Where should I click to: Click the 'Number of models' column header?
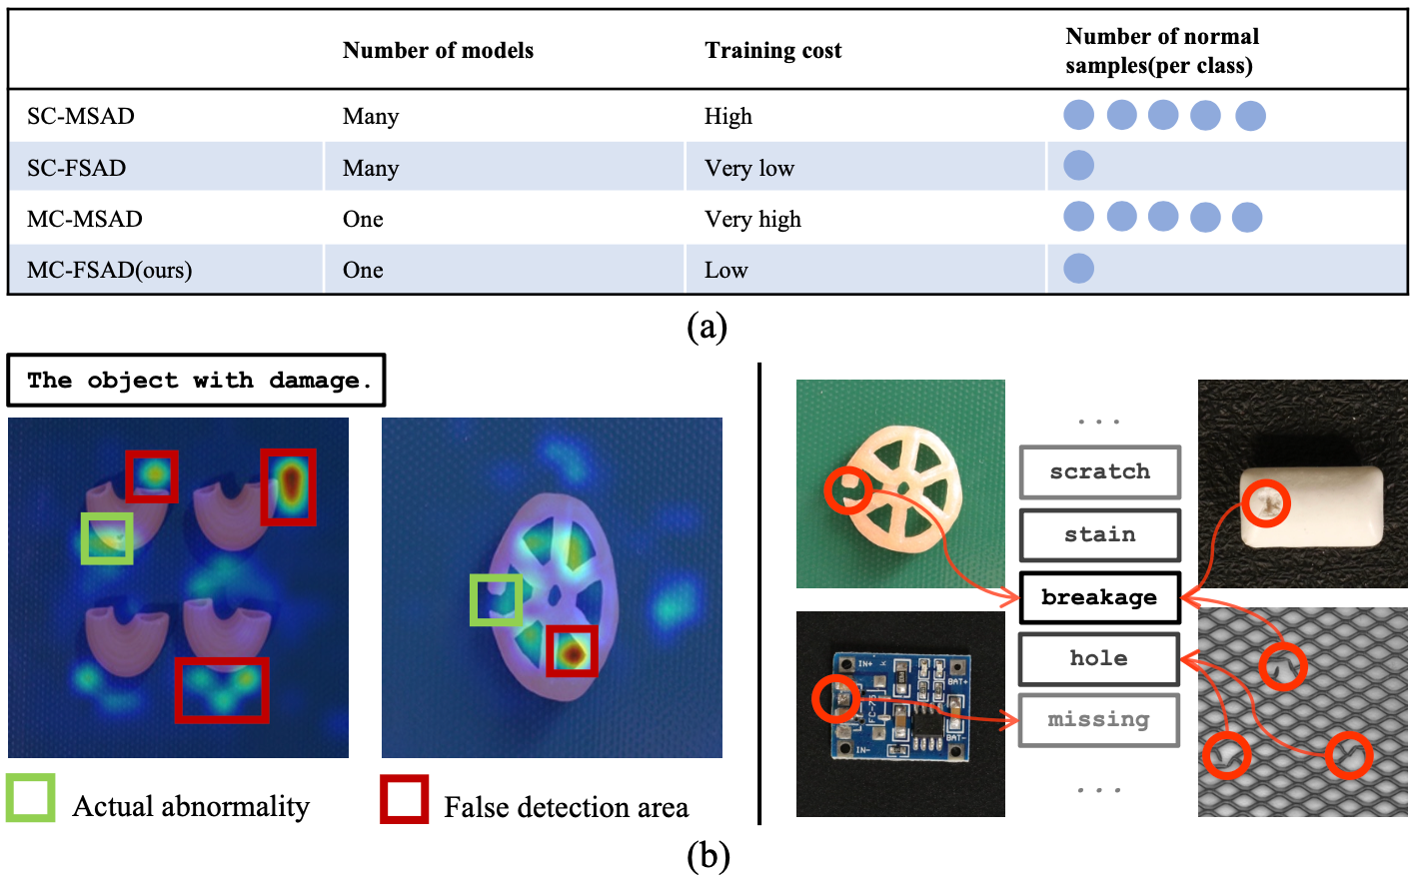click(438, 51)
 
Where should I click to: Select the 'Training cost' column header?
click(772, 51)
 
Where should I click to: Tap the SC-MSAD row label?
click(81, 116)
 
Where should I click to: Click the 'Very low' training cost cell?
click(748, 168)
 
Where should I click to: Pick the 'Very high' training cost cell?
click(752, 219)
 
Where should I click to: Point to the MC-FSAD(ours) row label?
click(109, 270)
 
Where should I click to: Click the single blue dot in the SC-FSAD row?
click(1078, 166)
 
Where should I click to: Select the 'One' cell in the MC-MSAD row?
click(363, 219)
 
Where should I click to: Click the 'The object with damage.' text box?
click(197, 381)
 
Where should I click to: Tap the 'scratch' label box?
click(1099, 472)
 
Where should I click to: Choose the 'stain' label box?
click(1099, 534)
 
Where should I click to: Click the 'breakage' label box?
click(1099, 597)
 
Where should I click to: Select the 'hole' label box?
click(1099, 658)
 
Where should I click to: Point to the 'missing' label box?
click(1099, 719)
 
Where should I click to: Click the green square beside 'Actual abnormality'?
click(31, 798)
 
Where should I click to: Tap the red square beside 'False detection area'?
click(405, 799)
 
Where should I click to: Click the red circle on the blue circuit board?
click(836, 699)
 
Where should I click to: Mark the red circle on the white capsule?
click(1265, 503)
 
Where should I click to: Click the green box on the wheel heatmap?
click(497, 599)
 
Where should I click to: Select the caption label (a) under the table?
click(707, 327)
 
